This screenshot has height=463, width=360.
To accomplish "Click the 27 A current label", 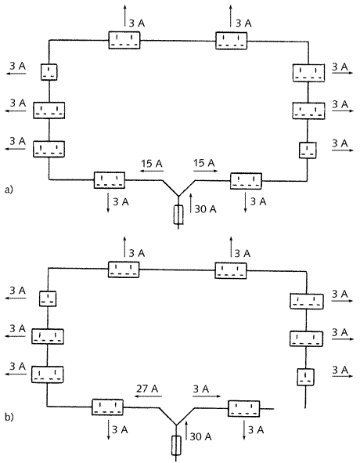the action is click(147, 389).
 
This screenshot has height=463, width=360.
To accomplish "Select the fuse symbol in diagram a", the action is click(178, 215).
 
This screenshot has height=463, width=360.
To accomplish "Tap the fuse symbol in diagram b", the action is click(176, 445).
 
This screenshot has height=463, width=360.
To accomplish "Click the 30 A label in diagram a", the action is click(205, 209).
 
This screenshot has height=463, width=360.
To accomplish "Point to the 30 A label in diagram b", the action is click(200, 436).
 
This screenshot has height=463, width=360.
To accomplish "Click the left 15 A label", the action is click(151, 163).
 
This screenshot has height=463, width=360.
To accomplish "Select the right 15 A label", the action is click(204, 163).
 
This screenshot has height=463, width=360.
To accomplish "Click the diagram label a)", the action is click(9, 190).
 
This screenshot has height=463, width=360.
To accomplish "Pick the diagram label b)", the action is click(9, 417).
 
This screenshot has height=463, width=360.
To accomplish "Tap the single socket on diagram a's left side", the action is click(49, 72).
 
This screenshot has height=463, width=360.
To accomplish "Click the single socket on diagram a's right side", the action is click(308, 150).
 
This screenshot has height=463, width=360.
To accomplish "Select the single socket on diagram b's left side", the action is click(48, 298).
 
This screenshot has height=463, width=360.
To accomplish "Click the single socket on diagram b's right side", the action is click(305, 377).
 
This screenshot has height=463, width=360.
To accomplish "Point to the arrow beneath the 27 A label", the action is click(148, 396).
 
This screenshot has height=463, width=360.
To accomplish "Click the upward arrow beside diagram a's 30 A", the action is click(191, 203).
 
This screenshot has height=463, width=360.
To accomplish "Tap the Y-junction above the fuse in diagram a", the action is click(178, 196).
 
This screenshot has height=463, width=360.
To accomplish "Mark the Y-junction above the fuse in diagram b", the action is click(176, 425).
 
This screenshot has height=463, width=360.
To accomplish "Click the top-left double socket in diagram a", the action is click(124, 40).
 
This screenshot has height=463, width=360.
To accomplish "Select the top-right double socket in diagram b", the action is click(231, 270).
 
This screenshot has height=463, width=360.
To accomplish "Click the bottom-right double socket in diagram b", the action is click(243, 409).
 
